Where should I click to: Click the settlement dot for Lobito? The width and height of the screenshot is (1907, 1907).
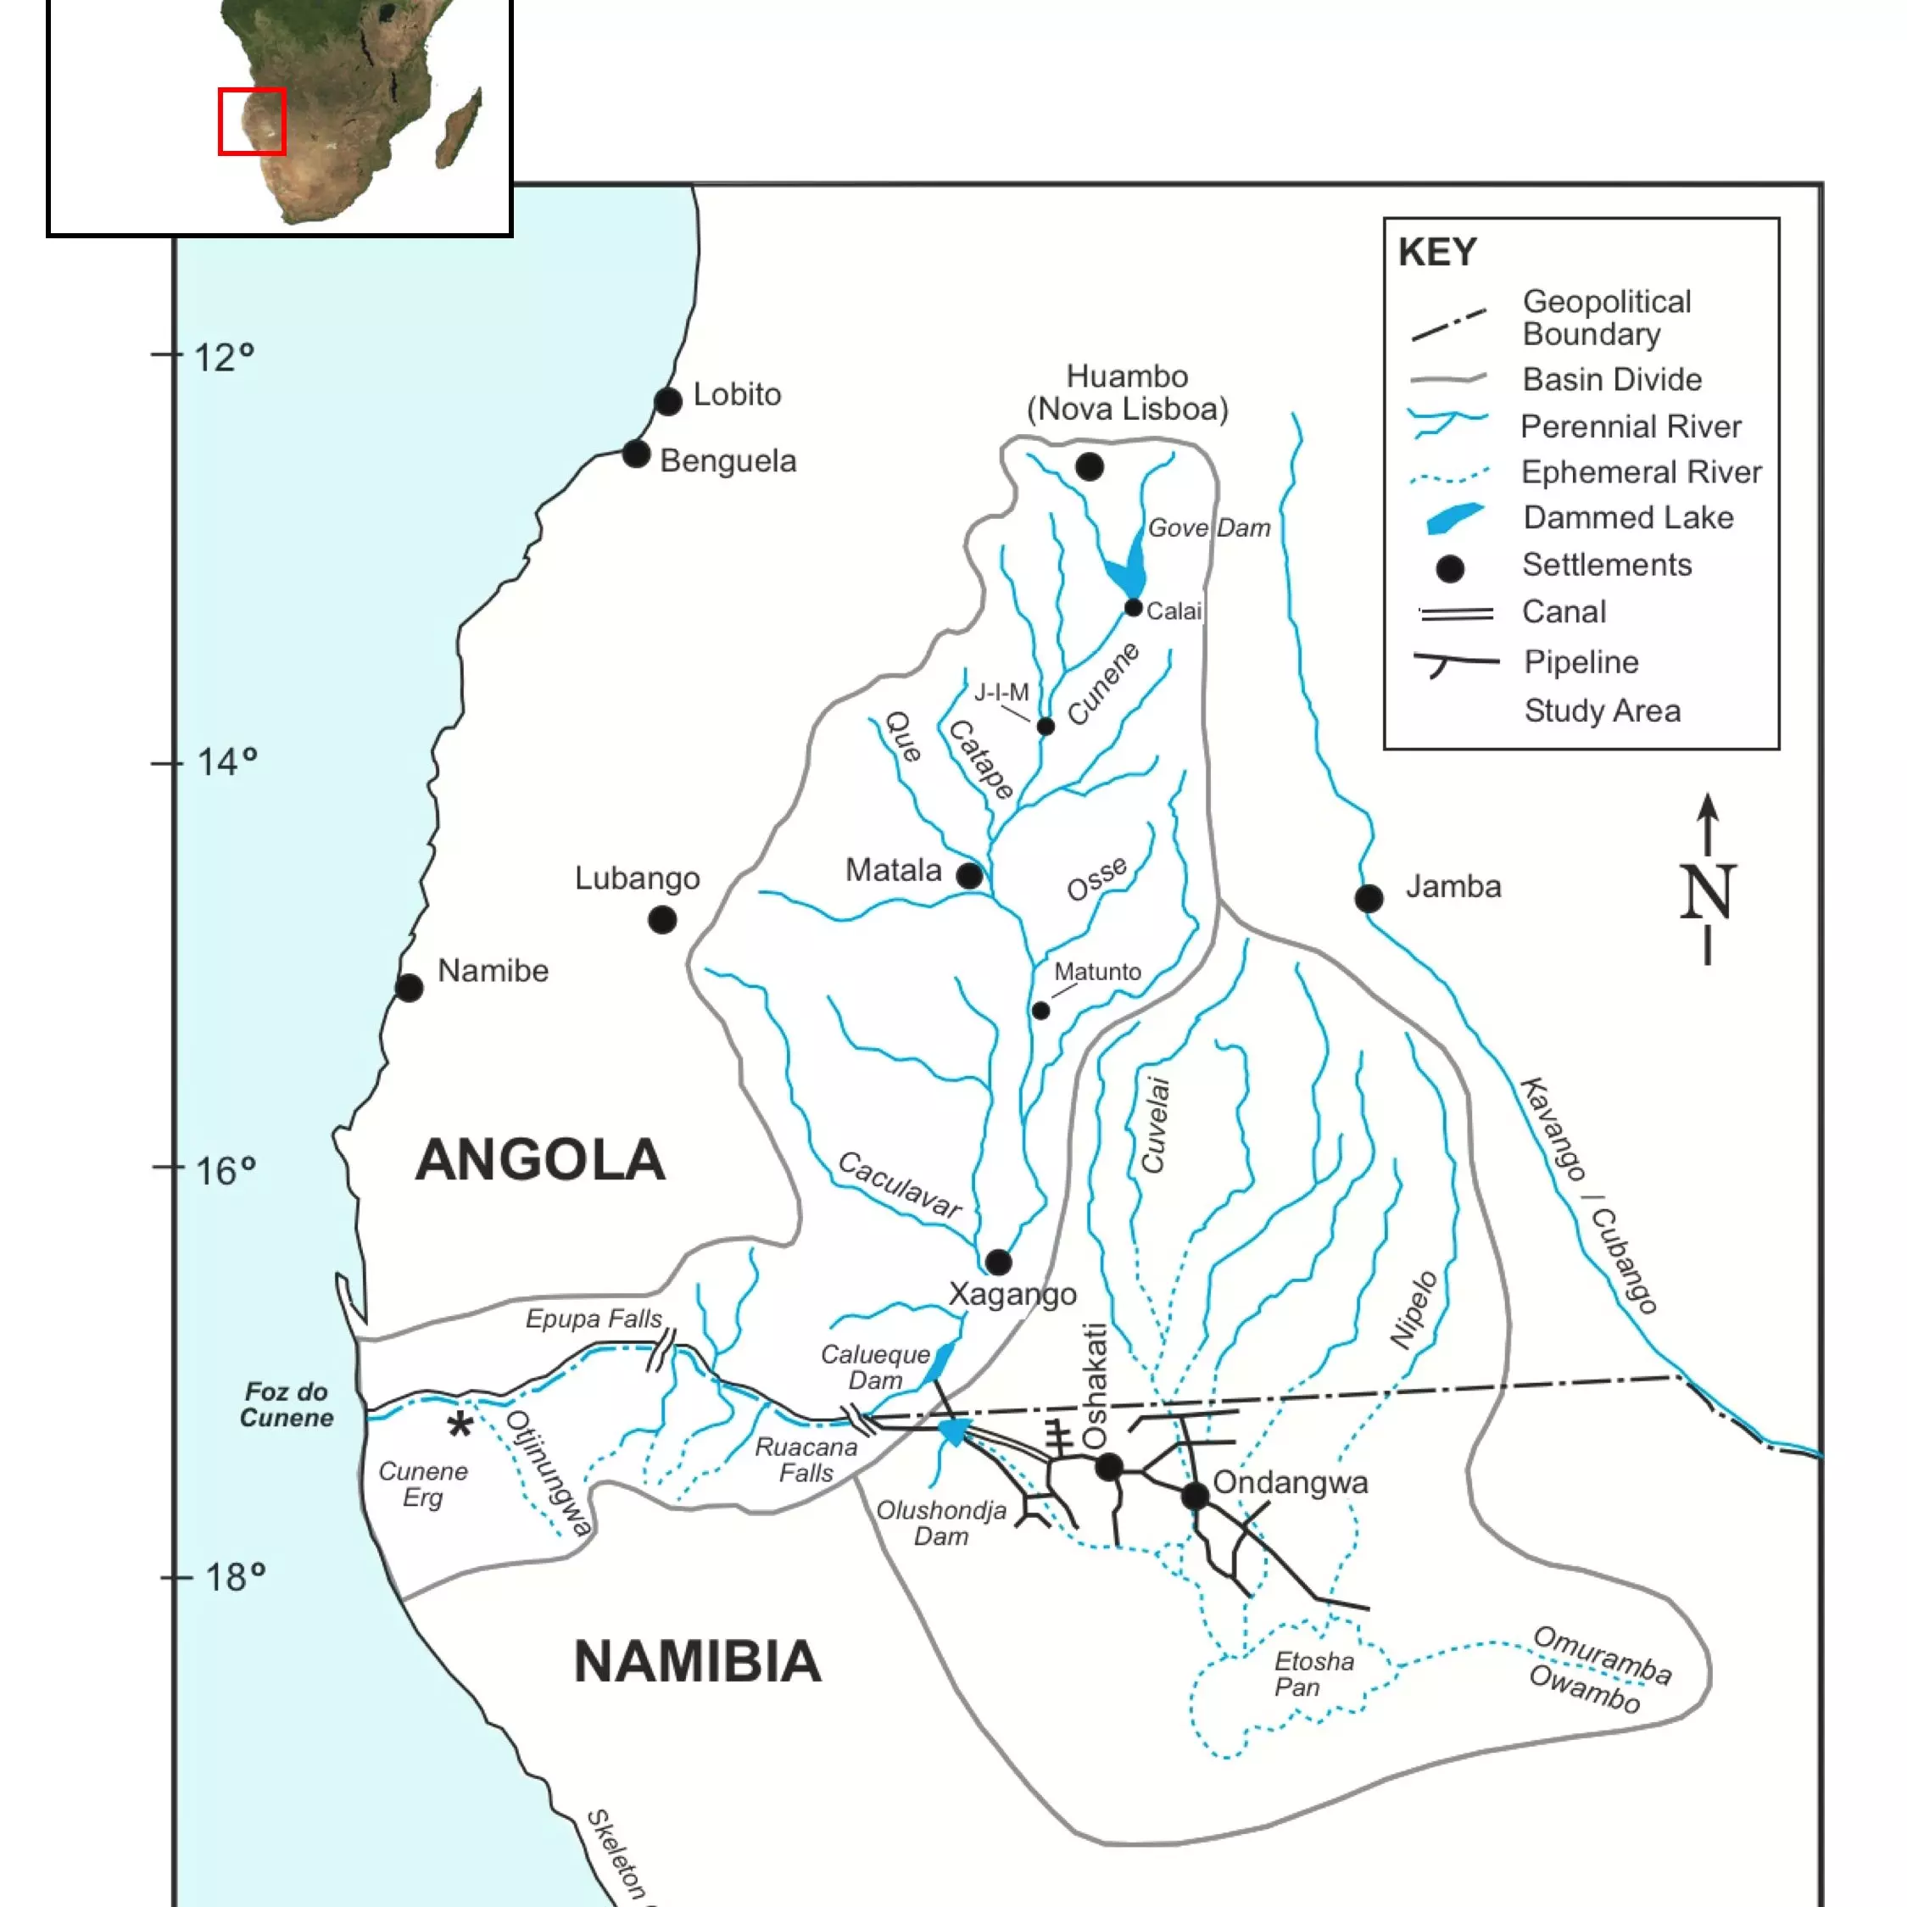click(668, 402)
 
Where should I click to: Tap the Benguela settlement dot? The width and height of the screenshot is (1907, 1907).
click(637, 455)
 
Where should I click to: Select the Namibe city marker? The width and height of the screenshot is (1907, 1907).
click(410, 988)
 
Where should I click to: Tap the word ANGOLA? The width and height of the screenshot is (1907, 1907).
click(540, 1160)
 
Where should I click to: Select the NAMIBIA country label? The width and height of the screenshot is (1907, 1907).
click(697, 1662)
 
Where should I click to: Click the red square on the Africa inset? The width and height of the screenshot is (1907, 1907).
click(252, 121)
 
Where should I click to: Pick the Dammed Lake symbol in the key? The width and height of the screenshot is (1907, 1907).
click(1454, 518)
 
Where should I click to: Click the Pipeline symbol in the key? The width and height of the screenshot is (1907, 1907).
click(1454, 662)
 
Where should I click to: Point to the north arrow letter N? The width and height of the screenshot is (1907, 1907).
click(1707, 892)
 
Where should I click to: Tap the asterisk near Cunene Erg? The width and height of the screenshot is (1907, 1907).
click(460, 1425)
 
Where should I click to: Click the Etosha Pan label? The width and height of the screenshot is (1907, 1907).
click(1313, 1674)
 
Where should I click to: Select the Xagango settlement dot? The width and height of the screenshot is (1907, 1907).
click(999, 1262)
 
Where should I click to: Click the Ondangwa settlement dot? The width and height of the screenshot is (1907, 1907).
click(1196, 1496)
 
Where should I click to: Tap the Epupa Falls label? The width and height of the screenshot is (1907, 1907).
click(594, 1319)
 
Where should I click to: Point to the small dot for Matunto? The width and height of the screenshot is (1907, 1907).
click(1040, 1011)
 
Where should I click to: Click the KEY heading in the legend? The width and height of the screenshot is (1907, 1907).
click(1436, 253)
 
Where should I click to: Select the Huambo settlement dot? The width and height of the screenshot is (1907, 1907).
click(1090, 467)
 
